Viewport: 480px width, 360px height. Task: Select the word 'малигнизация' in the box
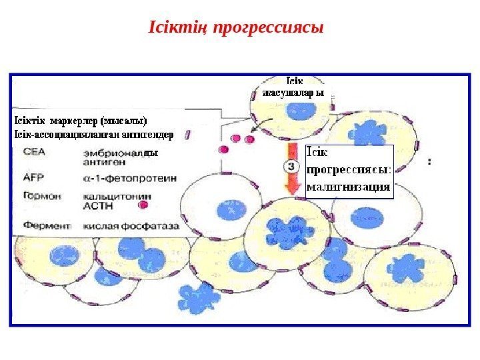pyautogui.click(x=347, y=186)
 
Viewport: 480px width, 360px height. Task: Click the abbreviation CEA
pyautogui.click(x=33, y=152)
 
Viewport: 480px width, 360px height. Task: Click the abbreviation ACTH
pyautogui.click(x=97, y=206)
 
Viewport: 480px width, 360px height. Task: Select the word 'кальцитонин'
pyautogui.click(x=116, y=197)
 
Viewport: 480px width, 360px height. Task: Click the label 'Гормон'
pyautogui.click(x=39, y=197)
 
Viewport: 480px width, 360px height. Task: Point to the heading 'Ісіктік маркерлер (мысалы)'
pyautogui.click(x=80, y=121)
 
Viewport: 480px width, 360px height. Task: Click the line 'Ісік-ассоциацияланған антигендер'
pyautogui.click(x=93, y=134)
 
